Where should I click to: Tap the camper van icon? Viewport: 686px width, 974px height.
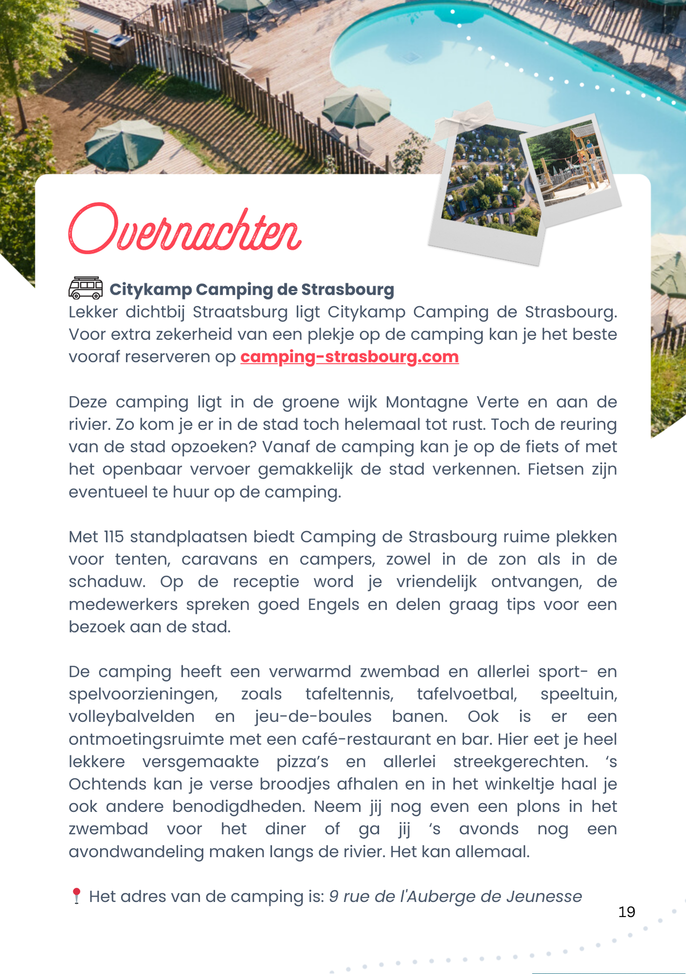point(86,288)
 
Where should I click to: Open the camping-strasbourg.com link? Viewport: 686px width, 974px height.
point(349,356)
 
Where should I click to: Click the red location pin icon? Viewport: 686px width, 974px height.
point(76,896)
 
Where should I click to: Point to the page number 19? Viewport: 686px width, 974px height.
point(626,912)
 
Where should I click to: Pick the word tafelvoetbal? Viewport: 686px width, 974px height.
point(467,694)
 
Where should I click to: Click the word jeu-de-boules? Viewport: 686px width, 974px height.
point(313,716)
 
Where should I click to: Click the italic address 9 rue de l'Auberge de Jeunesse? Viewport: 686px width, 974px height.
point(455,896)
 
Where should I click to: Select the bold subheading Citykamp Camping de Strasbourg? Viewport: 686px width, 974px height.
point(251,289)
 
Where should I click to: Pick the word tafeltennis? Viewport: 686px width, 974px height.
point(349,694)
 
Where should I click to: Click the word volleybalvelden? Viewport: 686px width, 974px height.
point(131,716)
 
